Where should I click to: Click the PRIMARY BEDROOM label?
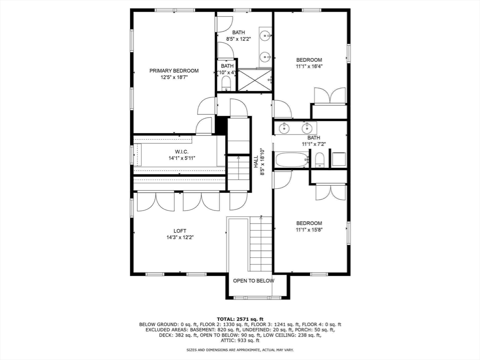(x=174, y=71)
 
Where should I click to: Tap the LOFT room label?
(x=180, y=231)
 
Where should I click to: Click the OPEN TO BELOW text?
(x=254, y=280)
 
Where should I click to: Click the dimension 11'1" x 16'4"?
(x=309, y=67)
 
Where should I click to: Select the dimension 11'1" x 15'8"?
(x=309, y=230)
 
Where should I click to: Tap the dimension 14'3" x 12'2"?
(x=180, y=237)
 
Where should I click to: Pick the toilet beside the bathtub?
(x=320, y=161)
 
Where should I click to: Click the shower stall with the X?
(x=255, y=80)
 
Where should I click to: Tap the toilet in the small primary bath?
(x=226, y=84)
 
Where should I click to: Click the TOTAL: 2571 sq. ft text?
(x=240, y=318)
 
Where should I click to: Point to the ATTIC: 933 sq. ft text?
(x=240, y=341)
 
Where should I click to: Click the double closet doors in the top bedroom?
(x=330, y=96)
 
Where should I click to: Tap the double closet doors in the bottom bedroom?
(x=330, y=192)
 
